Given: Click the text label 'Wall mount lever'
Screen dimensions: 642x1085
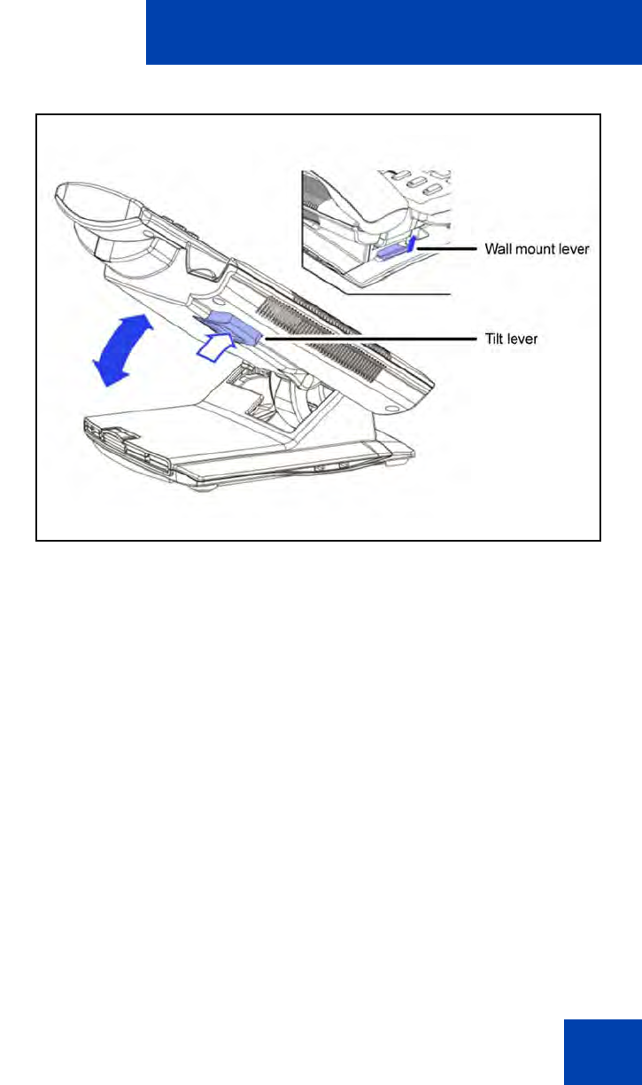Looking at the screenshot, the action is click(x=537, y=250).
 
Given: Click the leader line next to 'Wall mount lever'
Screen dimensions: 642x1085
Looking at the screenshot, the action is click(x=447, y=250).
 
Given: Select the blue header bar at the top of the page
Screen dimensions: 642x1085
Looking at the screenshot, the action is click(x=393, y=32).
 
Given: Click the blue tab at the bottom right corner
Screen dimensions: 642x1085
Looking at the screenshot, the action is click(x=601, y=1050).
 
